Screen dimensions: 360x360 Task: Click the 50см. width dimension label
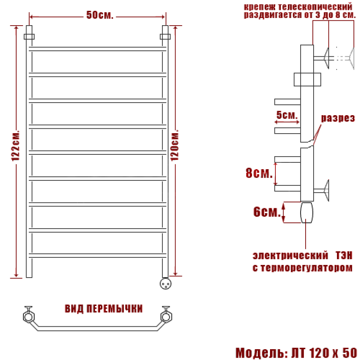[99, 15]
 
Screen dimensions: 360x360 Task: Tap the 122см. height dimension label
[16, 146]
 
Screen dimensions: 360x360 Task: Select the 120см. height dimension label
[175, 145]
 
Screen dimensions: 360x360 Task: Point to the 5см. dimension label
[287, 115]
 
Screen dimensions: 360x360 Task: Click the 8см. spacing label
[259, 173]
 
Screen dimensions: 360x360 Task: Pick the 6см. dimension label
[267, 211]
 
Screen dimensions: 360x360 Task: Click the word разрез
[338, 118]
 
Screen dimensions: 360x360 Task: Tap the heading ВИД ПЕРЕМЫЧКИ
[103, 309]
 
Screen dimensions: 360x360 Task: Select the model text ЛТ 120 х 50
[324, 353]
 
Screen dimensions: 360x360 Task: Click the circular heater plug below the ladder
[166, 283]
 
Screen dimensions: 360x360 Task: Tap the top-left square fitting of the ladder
[29, 36]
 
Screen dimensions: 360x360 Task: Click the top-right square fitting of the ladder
[165, 36]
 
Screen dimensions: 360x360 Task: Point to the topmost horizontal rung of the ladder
[97, 49]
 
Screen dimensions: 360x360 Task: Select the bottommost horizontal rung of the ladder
[97, 256]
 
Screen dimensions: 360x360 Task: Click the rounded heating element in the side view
[307, 212]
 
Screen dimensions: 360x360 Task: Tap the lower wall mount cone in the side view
[326, 190]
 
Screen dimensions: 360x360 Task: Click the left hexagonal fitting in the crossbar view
[29, 316]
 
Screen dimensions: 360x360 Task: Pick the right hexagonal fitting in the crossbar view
[166, 316]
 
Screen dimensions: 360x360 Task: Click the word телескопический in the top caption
[315, 6]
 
